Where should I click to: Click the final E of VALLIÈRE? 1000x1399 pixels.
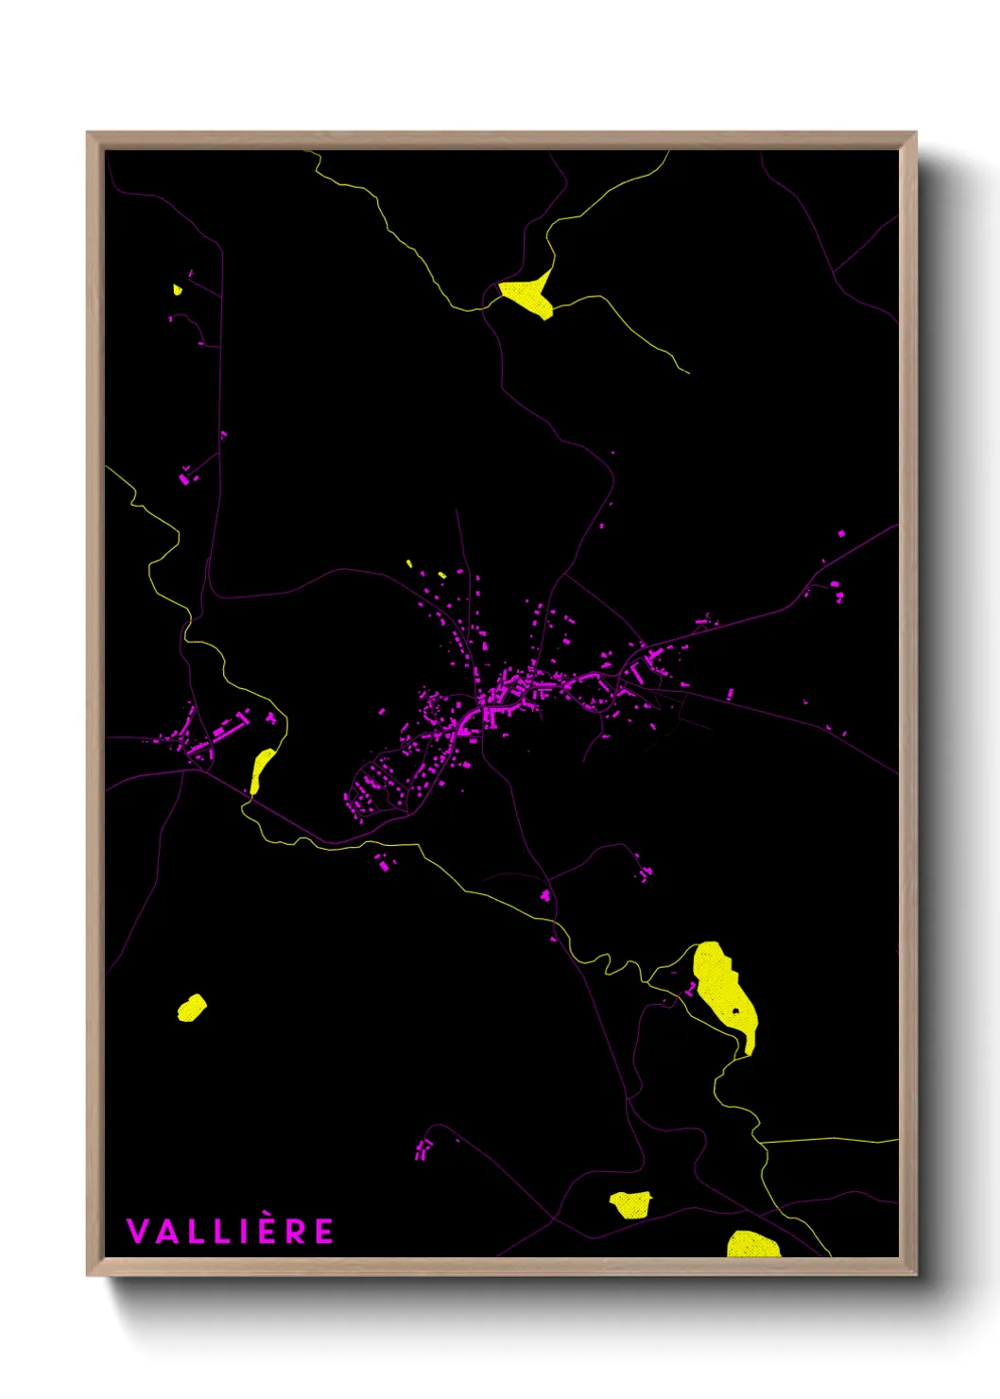[x=324, y=1231]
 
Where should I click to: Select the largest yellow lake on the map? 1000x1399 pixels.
[x=723, y=993]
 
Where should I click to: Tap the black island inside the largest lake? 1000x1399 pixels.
[x=735, y=1011]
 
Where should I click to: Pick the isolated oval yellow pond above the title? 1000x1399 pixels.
[x=192, y=1008]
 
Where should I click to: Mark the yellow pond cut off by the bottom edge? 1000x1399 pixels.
[x=752, y=1245]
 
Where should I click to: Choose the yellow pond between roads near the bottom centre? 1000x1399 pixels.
[x=630, y=1204]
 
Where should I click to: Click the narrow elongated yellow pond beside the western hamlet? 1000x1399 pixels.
[x=261, y=769]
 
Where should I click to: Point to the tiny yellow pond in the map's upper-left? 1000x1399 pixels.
[x=177, y=289]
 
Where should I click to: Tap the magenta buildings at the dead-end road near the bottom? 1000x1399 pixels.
[x=422, y=1149]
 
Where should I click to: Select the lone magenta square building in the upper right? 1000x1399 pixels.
[x=841, y=534]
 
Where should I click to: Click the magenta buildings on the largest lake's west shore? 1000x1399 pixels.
[x=691, y=989]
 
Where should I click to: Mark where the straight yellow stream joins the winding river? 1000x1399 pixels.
[x=761, y=1142]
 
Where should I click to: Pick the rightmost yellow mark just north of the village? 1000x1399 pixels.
[x=441, y=575]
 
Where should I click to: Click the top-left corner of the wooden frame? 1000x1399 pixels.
[x=89, y=133]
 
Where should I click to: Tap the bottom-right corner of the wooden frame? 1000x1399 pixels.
[x=915, y=1273]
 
